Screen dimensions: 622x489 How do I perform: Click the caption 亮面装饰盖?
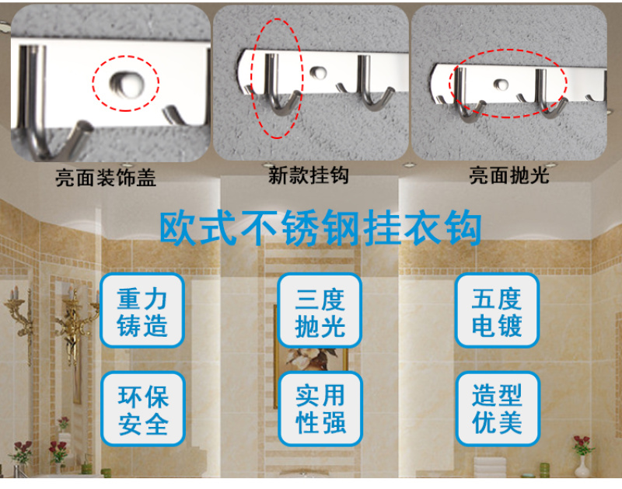pos(106,178)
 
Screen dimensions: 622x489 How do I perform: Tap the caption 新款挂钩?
pos(309,175)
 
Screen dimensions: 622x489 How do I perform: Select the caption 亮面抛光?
pos(509,175)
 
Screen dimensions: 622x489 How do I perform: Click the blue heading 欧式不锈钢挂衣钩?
pos(320,228)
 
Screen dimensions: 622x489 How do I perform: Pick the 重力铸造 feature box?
pos(142,310)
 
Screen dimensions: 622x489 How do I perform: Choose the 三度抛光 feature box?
pos(320,310)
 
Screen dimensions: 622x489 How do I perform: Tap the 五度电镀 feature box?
pos(497,310)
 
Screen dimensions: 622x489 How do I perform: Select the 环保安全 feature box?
pos(143,408)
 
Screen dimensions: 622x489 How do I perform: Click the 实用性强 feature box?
pos(320,408)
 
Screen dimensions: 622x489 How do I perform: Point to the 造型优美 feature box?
pos(498,408)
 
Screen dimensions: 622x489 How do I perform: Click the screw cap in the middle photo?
pos(318,72)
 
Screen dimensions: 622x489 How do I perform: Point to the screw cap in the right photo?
pos(501,84)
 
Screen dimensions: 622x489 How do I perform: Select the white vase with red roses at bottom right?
pos(582,456)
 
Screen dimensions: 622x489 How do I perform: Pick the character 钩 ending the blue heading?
pos(463,228)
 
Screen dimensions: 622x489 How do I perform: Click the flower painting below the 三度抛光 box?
pos(313,359)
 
